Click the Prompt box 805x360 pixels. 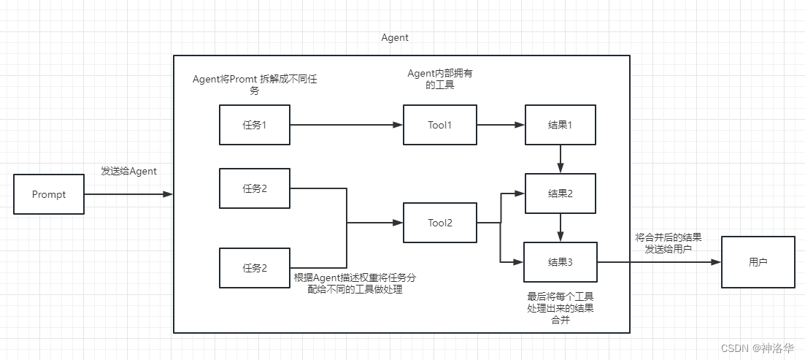(49, 194)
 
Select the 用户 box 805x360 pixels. (758, 261)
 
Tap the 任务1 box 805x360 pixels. (254, 125)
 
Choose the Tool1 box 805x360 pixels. (439, 125)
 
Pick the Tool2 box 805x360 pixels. (439, 223)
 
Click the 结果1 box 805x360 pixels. (560, 125)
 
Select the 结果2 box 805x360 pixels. (560, 194)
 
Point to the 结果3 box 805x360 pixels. (560, 261)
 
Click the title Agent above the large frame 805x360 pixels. (395, 37)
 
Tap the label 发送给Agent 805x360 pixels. (128, 171)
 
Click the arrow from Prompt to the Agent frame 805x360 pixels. (128, 194)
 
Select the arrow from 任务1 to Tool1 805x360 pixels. (346, 125)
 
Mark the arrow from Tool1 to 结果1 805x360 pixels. (500, 125)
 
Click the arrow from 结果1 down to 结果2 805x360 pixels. (560, 158)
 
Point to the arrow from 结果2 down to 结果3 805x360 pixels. (560, 227)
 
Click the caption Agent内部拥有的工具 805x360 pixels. (444, 80)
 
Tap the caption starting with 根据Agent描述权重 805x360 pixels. (355, 283)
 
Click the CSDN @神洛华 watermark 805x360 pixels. (758, 348)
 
